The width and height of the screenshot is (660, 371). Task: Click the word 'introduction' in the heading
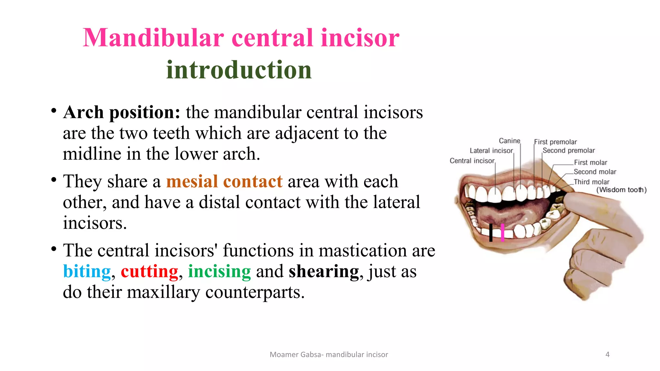pyautogui.click(x=239, y=70)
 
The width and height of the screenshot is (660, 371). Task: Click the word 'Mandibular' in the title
pyautogui.click(x=153, y=38)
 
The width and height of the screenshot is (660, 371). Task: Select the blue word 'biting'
pyautogui.click(x=87, y=271)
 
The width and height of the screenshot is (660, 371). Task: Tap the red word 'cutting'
pyautogui.click(x=149, y=271)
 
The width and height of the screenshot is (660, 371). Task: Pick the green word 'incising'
pyautogui.click(x=219, y=271)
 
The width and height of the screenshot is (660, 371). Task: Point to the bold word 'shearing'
pyautogui.click(x=324, y=271)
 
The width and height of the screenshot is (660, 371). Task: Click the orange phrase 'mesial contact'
pyautogui.click(x=224, y=181)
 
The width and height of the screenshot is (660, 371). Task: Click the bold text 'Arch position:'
pyautogui.click(x=121, y=112)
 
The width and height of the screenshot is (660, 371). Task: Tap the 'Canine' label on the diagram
pyautogui.click(x=509, y=141)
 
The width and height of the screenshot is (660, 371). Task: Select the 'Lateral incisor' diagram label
pyautogui.click(x=491, y=150)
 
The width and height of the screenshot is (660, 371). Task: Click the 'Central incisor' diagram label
pyautogui.click(x=472, y=160)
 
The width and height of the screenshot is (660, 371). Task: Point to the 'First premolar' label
pyautogui.click(x=555, y=142)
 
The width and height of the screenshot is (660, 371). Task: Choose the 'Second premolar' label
pyautogui.click(x=568, y=150)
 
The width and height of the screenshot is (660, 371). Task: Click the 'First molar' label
pyautogui.click(x=590, y=162)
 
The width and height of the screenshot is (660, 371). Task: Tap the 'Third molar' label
pyautogui.click(x=591, y=182)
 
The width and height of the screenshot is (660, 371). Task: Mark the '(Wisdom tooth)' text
pyautogui.click(x=621, y=190)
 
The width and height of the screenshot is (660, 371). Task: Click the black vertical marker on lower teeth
pyautogui.click(x=491, y=233)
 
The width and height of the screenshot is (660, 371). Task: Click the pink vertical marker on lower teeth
pyautogui.click(x=503, y=233)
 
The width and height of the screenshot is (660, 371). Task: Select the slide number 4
pyautogui.click(x=607, y=354)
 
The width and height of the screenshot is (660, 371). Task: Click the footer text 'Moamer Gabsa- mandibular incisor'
pyautogui.click(x=329, y=355)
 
